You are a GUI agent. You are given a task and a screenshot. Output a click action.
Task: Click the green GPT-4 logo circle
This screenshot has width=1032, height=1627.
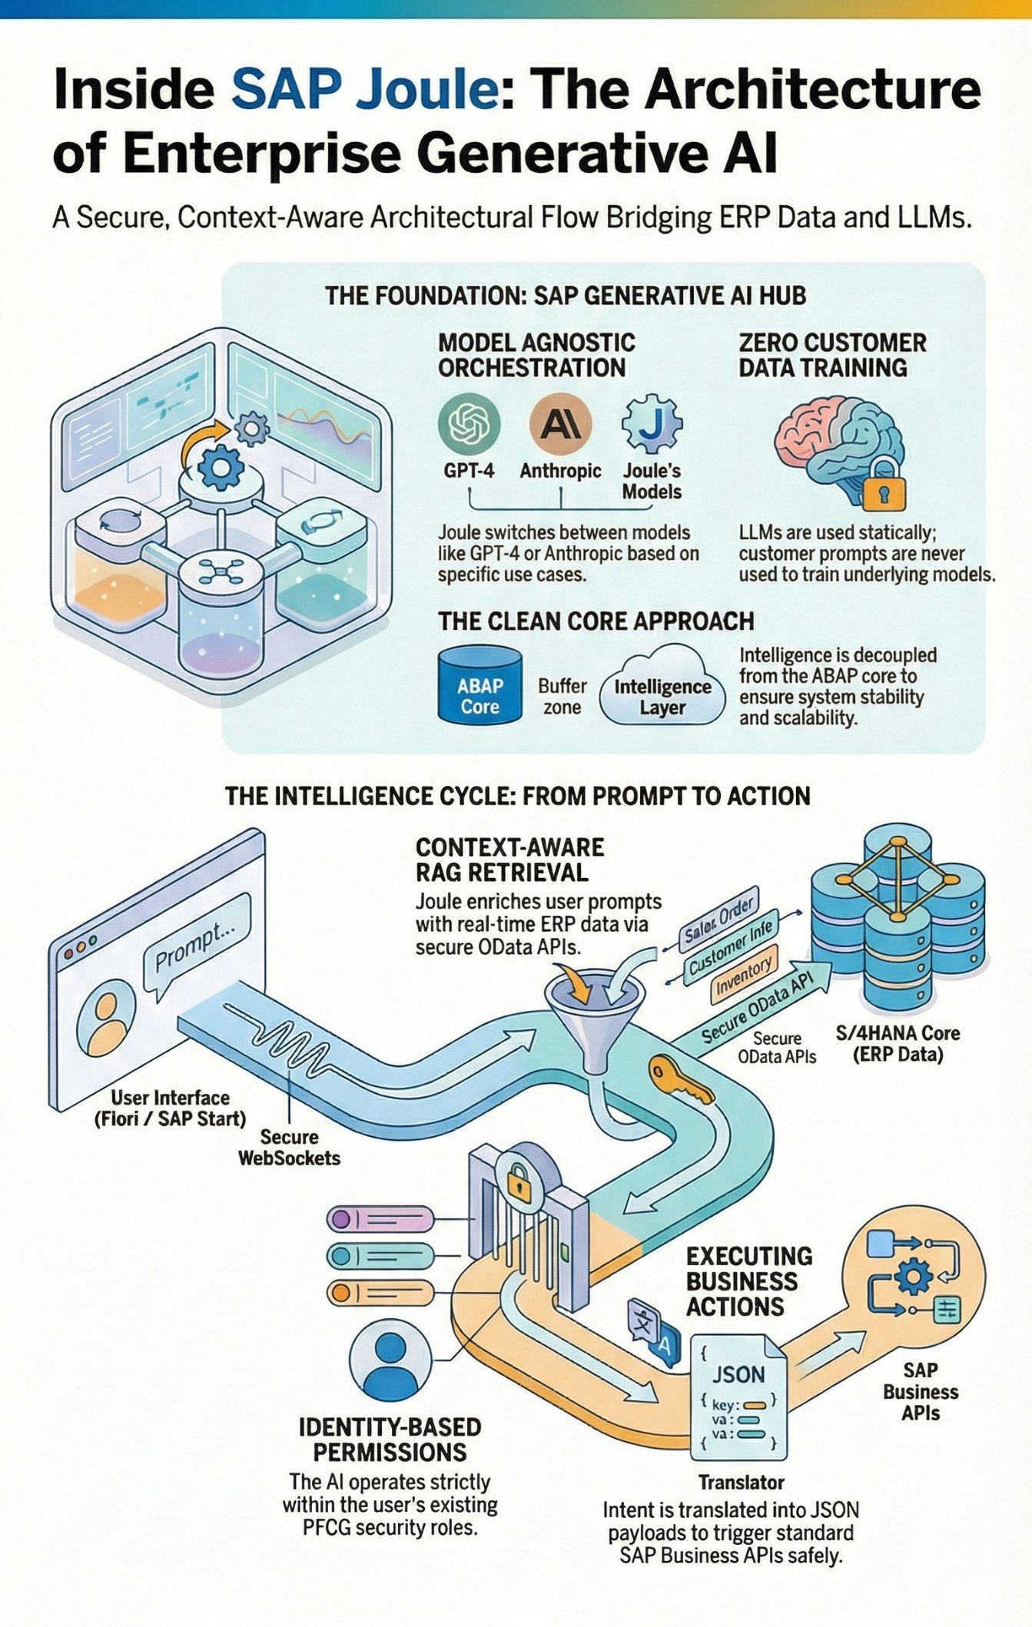pos(469,425)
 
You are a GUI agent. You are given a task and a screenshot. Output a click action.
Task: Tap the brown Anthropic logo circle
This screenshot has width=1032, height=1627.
pos(560,425)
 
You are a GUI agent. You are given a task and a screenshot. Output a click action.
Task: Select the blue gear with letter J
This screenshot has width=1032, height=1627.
pos(652,425)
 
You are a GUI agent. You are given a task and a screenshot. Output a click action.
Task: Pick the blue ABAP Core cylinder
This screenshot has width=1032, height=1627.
pos(479,685)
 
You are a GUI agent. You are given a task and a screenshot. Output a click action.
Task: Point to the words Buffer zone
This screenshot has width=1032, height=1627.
pos(562,696)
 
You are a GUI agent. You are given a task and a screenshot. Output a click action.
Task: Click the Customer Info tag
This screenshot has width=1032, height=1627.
pos(730,950)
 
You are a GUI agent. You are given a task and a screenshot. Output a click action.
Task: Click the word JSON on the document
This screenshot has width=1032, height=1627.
pos(738,1374)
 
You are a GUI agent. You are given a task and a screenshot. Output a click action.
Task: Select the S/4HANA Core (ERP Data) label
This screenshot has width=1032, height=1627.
pos(898,1043)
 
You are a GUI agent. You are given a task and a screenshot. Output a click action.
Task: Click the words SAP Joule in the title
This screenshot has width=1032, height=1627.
pos(365,90)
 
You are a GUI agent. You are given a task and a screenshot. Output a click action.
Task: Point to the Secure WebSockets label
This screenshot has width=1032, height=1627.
pos(289,1147)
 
